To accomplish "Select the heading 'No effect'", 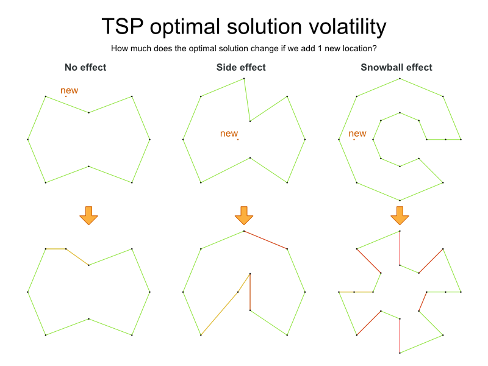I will pos(85,67).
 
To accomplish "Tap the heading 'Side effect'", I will pos(241,67).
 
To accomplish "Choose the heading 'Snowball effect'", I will pos(396,67).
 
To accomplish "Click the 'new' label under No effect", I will pos(69,91).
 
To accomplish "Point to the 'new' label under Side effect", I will pos(229,134).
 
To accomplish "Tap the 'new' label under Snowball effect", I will pos(357,134).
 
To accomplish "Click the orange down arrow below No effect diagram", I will pos(88,215).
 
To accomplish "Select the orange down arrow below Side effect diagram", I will pos(244,215).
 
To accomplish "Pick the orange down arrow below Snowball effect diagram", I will pos(400,215).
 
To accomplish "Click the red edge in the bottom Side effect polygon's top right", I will pos(265,240).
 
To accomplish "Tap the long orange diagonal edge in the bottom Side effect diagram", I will pos(225,304).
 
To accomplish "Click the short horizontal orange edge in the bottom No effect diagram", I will pos(56,249).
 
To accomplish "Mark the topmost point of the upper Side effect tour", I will pos(244,78).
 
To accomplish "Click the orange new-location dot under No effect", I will pos(66,96).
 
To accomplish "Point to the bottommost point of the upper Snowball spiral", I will pos(400,200).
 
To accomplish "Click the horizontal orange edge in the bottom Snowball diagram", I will pos(356,292).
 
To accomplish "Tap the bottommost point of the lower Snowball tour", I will pos(400,353).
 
